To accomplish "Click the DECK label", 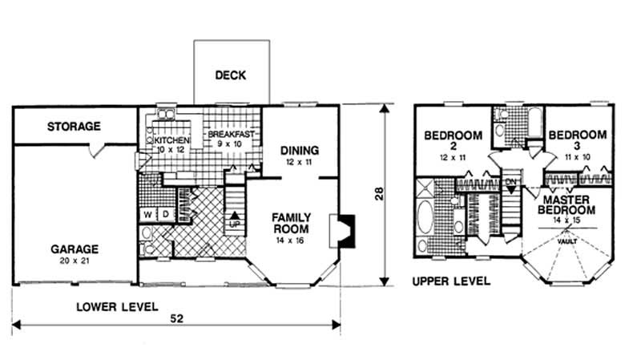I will coord(230,76).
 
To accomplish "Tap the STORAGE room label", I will coord(73,127).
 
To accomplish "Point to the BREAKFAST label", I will coord(230,135).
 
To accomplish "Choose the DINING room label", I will coord(300,150).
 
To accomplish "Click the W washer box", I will coord(148,215).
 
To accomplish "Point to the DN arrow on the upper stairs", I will coord(511,184).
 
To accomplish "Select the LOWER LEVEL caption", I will coord(117,305).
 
